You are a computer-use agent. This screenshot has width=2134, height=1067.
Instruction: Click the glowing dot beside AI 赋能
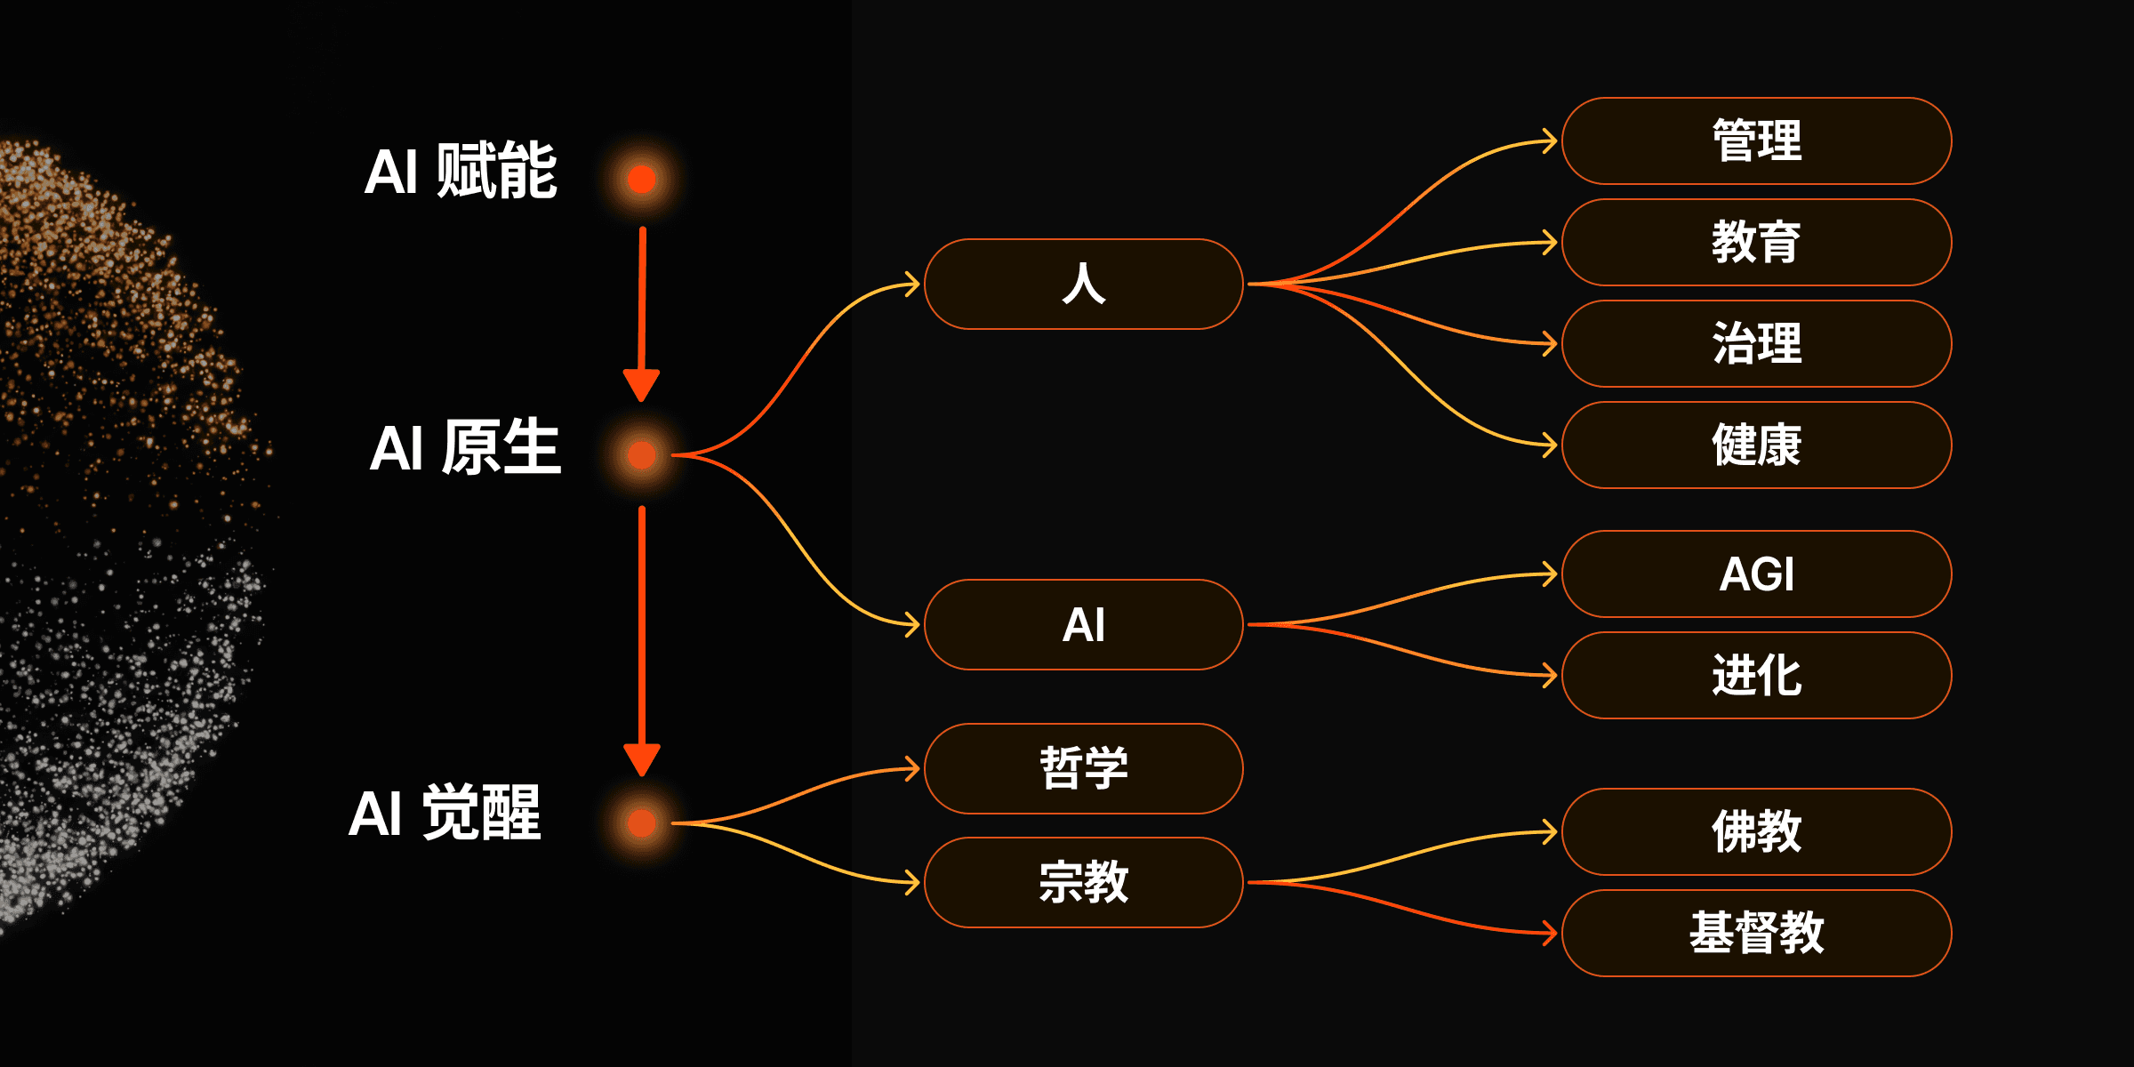pos(641,179)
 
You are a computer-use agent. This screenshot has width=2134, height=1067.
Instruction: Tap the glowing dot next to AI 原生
pos(641,454)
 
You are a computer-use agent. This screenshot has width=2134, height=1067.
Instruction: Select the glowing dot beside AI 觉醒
pos(641,822)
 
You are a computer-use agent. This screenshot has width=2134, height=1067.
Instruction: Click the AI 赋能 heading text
pos(461,171)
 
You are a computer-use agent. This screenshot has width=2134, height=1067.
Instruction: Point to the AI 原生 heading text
pos(465,447)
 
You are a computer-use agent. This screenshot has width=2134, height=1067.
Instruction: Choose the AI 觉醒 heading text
pos(445,813)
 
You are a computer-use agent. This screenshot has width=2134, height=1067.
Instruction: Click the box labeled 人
pos(1083,284)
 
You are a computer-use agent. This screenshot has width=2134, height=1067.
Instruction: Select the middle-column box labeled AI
pos(1083,624)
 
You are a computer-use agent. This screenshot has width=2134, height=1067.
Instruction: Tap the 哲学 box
pos(1083,768)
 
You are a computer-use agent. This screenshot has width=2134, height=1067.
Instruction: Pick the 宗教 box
pos(1083,882)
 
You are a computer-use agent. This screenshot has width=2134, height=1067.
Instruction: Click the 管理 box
pos(1756,140)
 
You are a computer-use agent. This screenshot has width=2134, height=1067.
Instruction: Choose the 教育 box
pos(1756,242)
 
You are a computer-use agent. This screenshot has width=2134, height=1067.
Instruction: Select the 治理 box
pos(1756,343)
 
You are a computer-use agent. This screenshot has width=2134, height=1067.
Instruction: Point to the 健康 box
pos(1756,445)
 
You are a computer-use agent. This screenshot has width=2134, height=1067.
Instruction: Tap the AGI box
pos(1756,574)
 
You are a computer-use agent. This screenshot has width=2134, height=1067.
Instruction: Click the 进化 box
pos(1756,675)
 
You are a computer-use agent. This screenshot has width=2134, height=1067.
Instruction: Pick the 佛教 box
pos(1756,831)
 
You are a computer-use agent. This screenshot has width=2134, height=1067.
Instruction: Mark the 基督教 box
pos(1756,933)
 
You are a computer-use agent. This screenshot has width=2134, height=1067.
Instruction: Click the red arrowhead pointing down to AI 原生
pos(641,384)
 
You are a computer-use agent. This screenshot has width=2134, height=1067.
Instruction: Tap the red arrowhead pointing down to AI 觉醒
pos(641,758)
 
